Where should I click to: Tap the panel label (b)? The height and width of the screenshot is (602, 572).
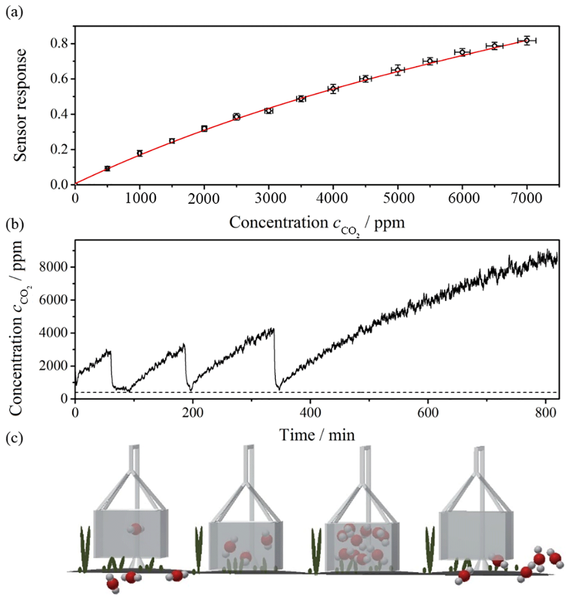coord(14,225)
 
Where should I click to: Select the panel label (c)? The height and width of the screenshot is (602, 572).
coord(14,438)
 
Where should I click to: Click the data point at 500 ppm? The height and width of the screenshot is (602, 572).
coord(107,168)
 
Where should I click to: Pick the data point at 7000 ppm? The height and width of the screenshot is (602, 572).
coord(527,40)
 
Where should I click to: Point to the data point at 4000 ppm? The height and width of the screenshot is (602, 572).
coord(333,88)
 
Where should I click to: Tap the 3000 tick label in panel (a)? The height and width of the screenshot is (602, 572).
coord(269,198)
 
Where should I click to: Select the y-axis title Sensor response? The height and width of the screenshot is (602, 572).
coord(20,105)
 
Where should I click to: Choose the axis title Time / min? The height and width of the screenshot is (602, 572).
coord(317,435)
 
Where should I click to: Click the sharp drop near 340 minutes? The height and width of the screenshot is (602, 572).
coord(275,359)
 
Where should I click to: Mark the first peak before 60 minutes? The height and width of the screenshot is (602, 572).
coord(110,351)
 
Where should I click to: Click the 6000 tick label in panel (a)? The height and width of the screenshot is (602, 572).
coord(462,198)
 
